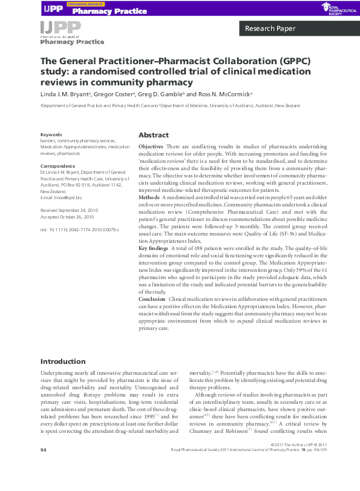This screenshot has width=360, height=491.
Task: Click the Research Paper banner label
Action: coord(270,28)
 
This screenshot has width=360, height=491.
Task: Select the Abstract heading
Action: coord(154,135)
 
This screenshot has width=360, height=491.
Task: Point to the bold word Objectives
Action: coord(151,147)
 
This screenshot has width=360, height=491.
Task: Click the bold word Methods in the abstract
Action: coord(149,198)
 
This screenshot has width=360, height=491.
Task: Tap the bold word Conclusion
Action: coord(152,299)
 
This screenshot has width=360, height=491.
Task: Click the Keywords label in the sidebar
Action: coord(51,134)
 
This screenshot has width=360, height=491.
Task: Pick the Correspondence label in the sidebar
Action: coord(58,166)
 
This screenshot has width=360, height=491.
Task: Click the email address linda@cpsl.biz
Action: coord(68,198)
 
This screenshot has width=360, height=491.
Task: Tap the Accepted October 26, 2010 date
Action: coord(67,216)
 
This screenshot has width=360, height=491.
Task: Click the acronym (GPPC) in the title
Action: coord(258,62)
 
